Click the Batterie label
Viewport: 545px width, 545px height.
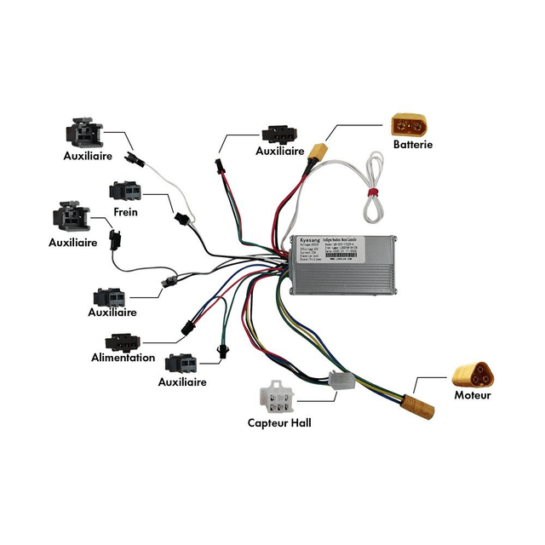[413, 145]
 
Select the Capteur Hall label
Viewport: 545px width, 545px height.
[279, 422]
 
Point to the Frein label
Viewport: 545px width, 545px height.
[125, 212]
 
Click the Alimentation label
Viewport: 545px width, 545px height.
[123, 358]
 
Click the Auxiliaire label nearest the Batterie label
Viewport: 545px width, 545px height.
[280, 151]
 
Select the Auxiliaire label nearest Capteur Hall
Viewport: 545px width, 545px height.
[182, 382]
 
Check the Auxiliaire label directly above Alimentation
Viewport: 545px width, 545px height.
[112, 313]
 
